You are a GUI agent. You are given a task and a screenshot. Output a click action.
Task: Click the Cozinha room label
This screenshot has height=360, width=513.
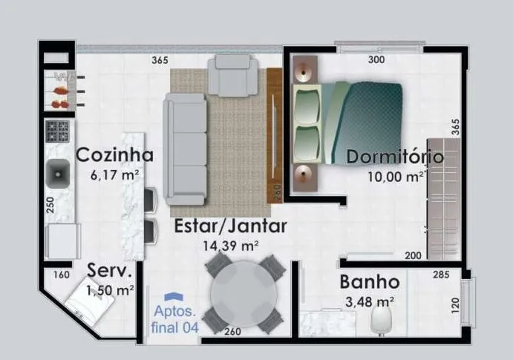point(114,154)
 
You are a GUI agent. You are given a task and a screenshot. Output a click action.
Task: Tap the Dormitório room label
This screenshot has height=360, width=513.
point(395,157)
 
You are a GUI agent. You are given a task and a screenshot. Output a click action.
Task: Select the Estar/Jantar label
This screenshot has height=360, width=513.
point(231,226)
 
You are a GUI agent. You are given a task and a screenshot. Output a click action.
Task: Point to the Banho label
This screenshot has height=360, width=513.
point(370,282)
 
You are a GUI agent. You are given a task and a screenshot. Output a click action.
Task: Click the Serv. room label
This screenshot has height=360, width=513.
point(110,270)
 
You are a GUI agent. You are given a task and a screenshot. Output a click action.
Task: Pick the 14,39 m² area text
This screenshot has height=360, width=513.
point(231,246)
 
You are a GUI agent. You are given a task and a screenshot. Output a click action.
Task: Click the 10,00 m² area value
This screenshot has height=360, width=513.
point(396,177)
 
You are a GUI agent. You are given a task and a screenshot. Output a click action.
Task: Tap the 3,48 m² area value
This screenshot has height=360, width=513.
point(370,302)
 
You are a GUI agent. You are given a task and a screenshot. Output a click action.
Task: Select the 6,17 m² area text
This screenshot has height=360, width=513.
point(114,175)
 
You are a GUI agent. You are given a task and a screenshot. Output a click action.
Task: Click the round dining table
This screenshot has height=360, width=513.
point(244,294)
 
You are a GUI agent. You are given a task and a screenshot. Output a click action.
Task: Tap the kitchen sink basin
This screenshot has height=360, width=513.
point(58,173)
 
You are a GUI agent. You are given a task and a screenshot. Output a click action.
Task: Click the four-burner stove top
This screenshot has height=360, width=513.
point(58,131)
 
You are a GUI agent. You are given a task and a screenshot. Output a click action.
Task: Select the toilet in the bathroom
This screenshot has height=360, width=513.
point(382,321)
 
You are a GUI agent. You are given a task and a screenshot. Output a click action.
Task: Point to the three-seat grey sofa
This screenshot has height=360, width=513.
point(186,149)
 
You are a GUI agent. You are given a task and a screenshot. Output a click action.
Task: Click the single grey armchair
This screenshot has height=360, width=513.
point(233,76)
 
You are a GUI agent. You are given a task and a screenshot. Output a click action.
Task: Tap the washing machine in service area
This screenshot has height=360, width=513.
point(89,301)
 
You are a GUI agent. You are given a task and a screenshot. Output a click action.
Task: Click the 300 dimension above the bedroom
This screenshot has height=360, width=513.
point(376,59)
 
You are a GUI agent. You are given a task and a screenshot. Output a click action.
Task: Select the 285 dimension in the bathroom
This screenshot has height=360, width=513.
point(441,275)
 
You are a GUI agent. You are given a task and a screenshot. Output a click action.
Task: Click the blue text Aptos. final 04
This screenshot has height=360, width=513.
point(175,319)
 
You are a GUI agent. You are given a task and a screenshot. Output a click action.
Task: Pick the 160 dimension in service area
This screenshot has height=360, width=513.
point(62,275)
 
